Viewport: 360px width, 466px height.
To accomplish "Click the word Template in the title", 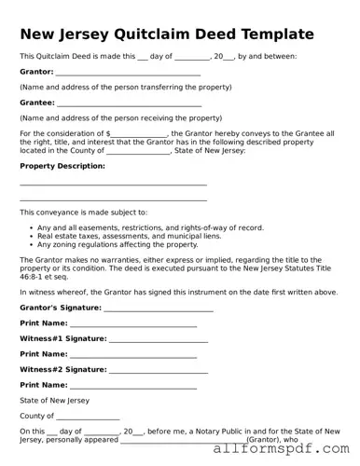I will tap(281, 34).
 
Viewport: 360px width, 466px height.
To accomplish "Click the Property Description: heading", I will tap(62, 166).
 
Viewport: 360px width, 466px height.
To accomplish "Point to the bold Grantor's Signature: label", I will tap(60, 307).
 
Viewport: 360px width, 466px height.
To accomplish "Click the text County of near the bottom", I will tap(37, 415).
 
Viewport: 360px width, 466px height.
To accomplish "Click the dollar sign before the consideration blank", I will tap(109, 134).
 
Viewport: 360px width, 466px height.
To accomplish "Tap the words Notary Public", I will tap(215, 431).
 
